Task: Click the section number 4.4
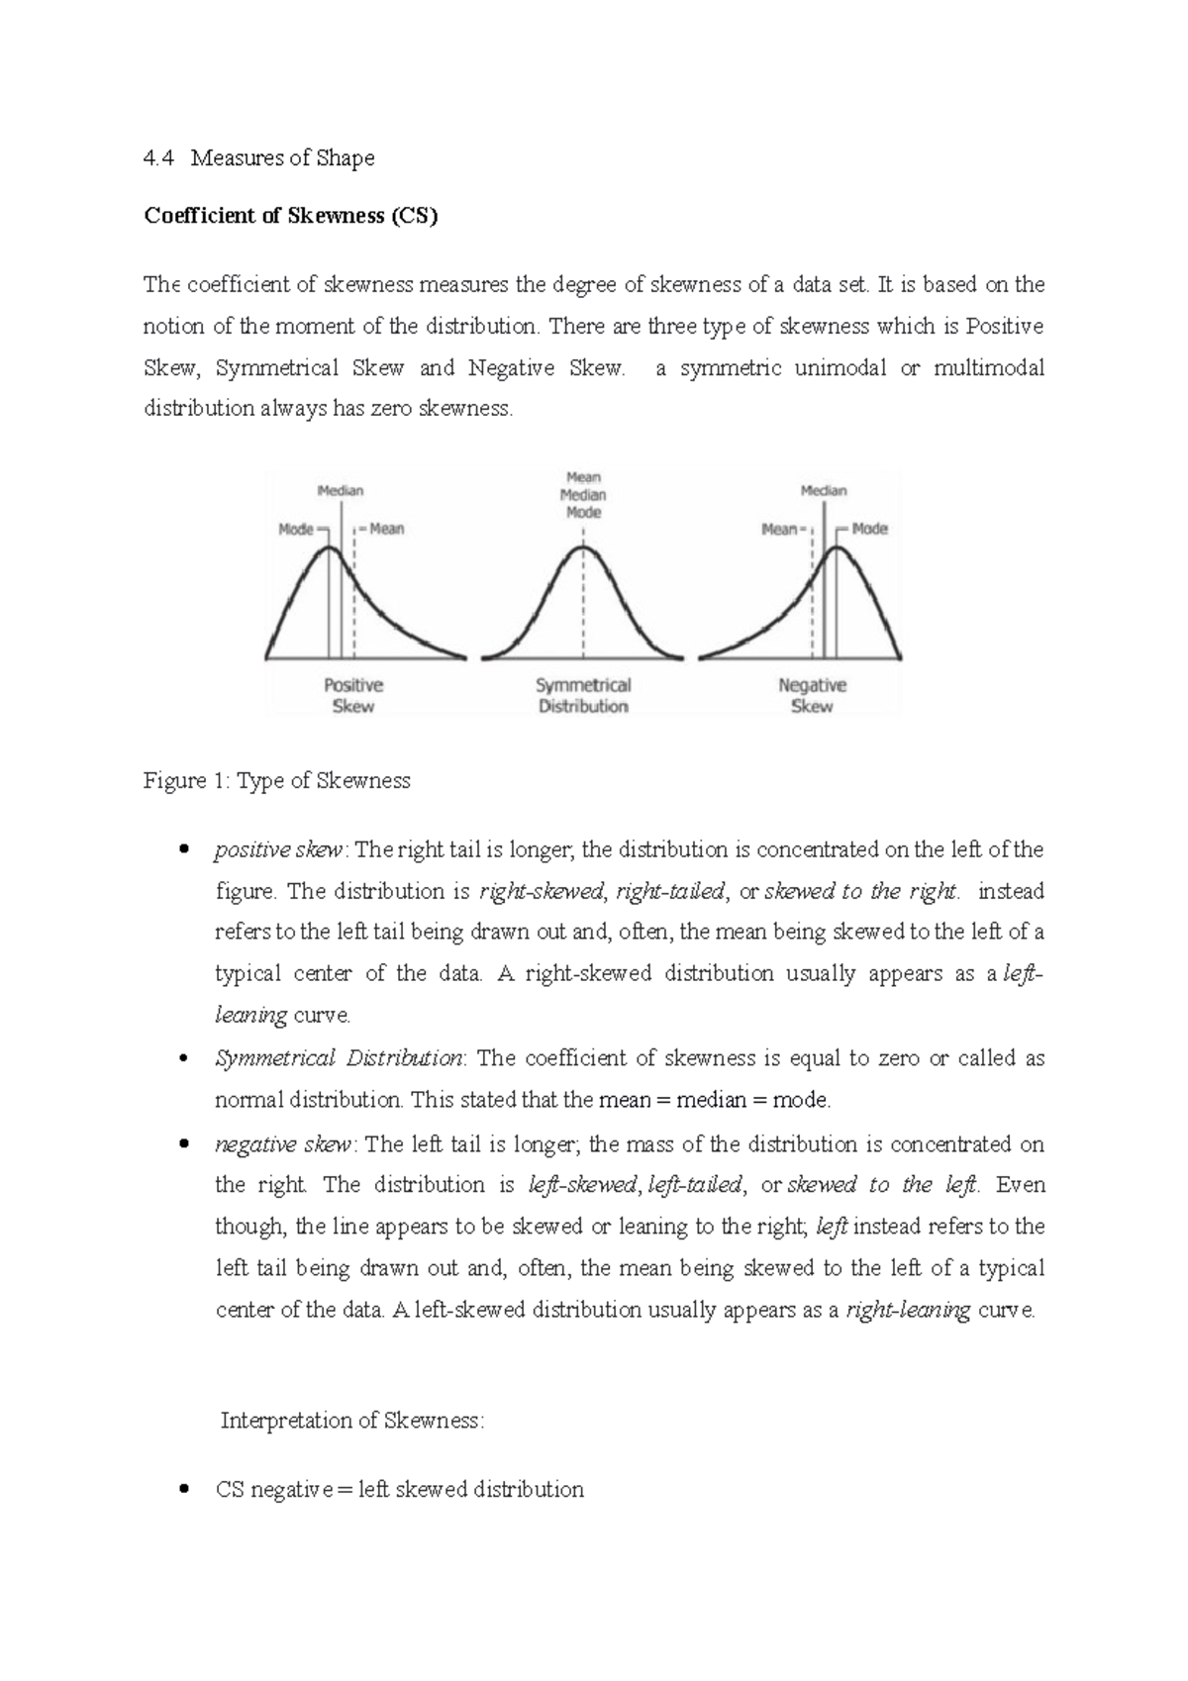[159, 158]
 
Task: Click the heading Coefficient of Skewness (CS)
[290, 216]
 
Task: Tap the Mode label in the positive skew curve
[296, 530]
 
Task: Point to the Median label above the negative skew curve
[824, 491]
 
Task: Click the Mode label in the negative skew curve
[869, 530]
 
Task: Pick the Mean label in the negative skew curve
[779, 530]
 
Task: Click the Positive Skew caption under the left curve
[353, 695]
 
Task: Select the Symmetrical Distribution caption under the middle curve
[583, 695]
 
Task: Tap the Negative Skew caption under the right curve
[812, 695]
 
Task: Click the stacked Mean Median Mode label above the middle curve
[583, 495]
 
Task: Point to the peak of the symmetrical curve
[583, 548]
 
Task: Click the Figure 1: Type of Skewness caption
[277, 781]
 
